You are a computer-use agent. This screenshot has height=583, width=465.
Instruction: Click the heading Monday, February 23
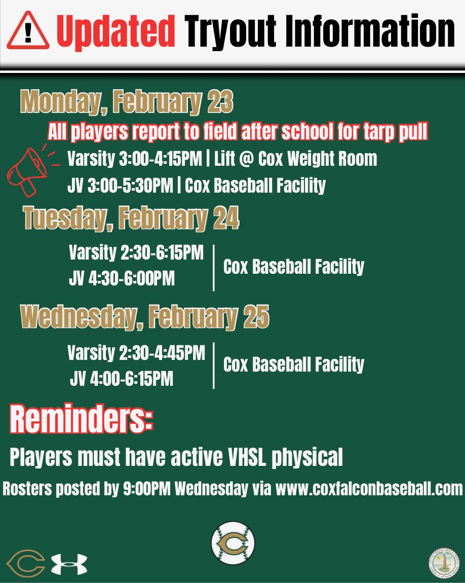(x=127, y=102)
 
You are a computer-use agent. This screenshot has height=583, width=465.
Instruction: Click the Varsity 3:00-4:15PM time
(x=135, y=159)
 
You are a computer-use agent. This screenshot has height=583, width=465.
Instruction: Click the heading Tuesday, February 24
(x=131, y=219)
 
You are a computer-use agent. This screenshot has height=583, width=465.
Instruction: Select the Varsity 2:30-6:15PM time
(x=136, y=253)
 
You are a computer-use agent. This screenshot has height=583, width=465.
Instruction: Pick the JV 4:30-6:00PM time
(x=122, y=278)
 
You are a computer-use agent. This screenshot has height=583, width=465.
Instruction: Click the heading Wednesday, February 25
(x=144, y=317)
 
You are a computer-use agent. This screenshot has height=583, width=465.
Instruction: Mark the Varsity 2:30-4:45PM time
(x=136, y=352)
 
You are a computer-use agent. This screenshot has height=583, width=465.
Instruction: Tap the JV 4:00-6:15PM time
(x=122, y=378)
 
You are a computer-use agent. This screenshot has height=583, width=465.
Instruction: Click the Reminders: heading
(x=81, y=419)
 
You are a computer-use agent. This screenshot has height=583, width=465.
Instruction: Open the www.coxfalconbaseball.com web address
(x=369, y=489)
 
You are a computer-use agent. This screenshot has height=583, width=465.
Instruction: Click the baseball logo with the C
(x=233, y=543)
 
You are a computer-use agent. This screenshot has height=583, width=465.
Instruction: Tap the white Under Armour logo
(x=69, y=564)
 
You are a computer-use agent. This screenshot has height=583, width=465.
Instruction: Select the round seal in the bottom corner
(x=444, y=563)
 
